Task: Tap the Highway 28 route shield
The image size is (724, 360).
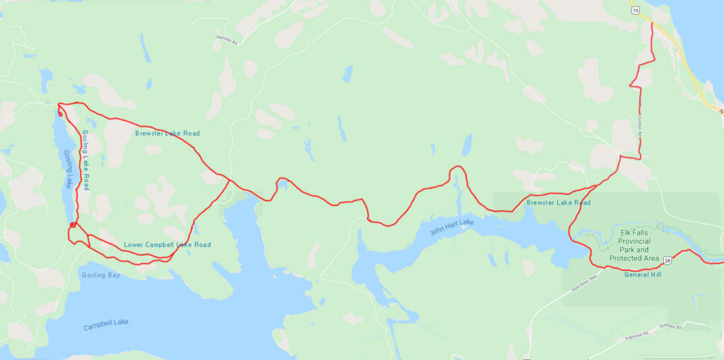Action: [x=667, y=260]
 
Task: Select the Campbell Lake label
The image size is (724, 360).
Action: [x=105, y=325]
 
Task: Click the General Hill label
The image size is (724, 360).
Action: [x=642, y=275]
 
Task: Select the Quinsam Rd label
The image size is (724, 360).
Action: [x=668, y=327]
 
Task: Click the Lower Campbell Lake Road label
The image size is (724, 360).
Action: [x=167, y=245]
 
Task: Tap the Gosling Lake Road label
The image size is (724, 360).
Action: [x=85, y=160]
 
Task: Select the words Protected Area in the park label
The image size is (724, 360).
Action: [x=633, y=258]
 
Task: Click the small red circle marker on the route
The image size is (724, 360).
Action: [x=73, y=225]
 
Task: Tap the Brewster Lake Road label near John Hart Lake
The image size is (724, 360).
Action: [x=558, y=203]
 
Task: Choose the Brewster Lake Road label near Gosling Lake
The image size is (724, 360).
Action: [x=167, y=133]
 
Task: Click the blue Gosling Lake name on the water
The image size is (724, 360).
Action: [x=68, y=168]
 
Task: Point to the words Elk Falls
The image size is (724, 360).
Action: [x=633, y=232]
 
